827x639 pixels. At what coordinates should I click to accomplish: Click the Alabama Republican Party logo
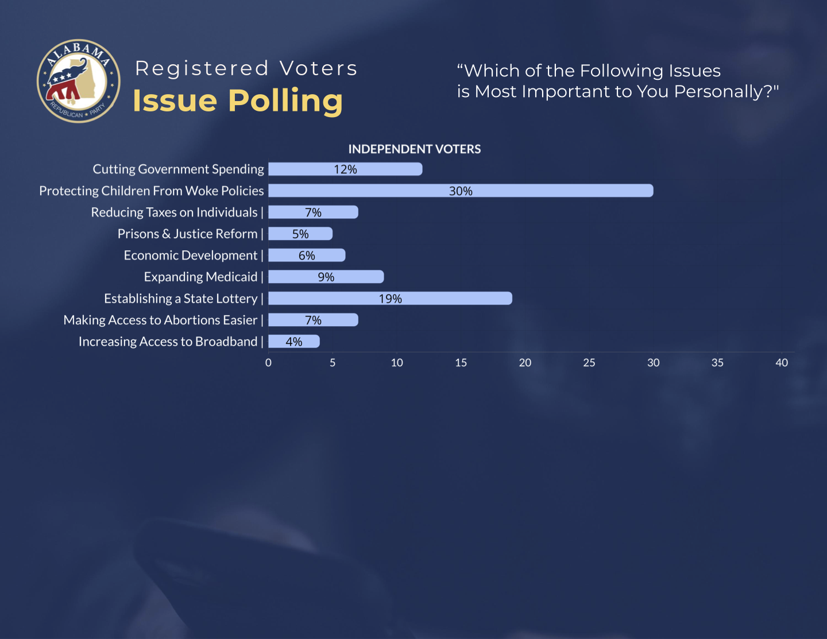click(79, 81)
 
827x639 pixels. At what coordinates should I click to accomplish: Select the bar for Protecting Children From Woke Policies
click(461, 191)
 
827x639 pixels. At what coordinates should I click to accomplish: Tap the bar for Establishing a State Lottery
click(390, 299)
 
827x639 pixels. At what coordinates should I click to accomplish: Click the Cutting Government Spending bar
click(345, 169)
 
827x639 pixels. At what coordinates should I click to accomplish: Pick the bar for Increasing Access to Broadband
click(294, 342)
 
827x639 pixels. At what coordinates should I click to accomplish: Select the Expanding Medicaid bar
click(326, 277)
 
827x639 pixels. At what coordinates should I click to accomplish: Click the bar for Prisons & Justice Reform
click(300, 234)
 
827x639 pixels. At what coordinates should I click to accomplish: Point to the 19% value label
click(391, 299)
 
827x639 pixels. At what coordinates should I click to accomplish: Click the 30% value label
click(461, 191)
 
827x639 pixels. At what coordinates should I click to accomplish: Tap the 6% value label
click(307, 255)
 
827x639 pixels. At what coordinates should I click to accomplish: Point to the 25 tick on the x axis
click(589, 363)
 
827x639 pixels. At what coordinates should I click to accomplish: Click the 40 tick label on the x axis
click(782, 363)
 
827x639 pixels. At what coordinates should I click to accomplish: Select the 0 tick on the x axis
click(268, 363)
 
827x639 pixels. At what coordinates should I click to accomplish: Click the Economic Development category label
click(191, 255)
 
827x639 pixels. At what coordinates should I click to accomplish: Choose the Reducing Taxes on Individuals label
click(174, 212)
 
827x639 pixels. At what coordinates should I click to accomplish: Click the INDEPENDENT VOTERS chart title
click(415, 149)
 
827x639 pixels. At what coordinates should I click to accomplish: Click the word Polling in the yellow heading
click(285, 101)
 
